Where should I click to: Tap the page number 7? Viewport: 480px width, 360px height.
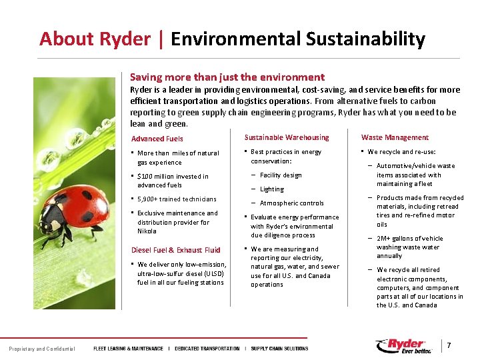pyautogui.click(x=449, y=346)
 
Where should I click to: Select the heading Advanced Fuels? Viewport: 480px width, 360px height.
pyautogui.click(x=157, y=139)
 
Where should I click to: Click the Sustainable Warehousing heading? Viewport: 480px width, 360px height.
pyautogui.click(x=287, y=137)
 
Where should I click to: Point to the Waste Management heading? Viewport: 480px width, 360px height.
pyautogui.click(x=395, y=137)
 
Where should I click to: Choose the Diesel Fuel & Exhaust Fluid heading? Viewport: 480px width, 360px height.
pyautogui.click(x=175, y=250)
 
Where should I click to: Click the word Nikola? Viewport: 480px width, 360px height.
pyautogui.click(x=147, y=231)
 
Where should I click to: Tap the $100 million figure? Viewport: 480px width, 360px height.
pyautogui.click(x=158, y=177)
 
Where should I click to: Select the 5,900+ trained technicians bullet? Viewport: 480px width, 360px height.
pyautogui.click(x=177, y=199)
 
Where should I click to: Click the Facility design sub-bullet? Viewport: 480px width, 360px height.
pyautogui.click(x=281, y=175)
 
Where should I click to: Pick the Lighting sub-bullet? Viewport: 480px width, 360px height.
pyautogui.click(x=271, y=189)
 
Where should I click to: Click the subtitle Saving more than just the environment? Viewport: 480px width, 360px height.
pyautogui.click(x=227, y=77)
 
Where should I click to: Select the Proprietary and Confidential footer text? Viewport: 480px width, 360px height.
pyautogui.click(x=42, y=349)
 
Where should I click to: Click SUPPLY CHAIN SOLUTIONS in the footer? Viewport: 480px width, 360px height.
pyautogui.click(x=279, y=349)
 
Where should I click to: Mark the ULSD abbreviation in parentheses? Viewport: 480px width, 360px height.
pyautogui.click(x=214, y=274)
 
